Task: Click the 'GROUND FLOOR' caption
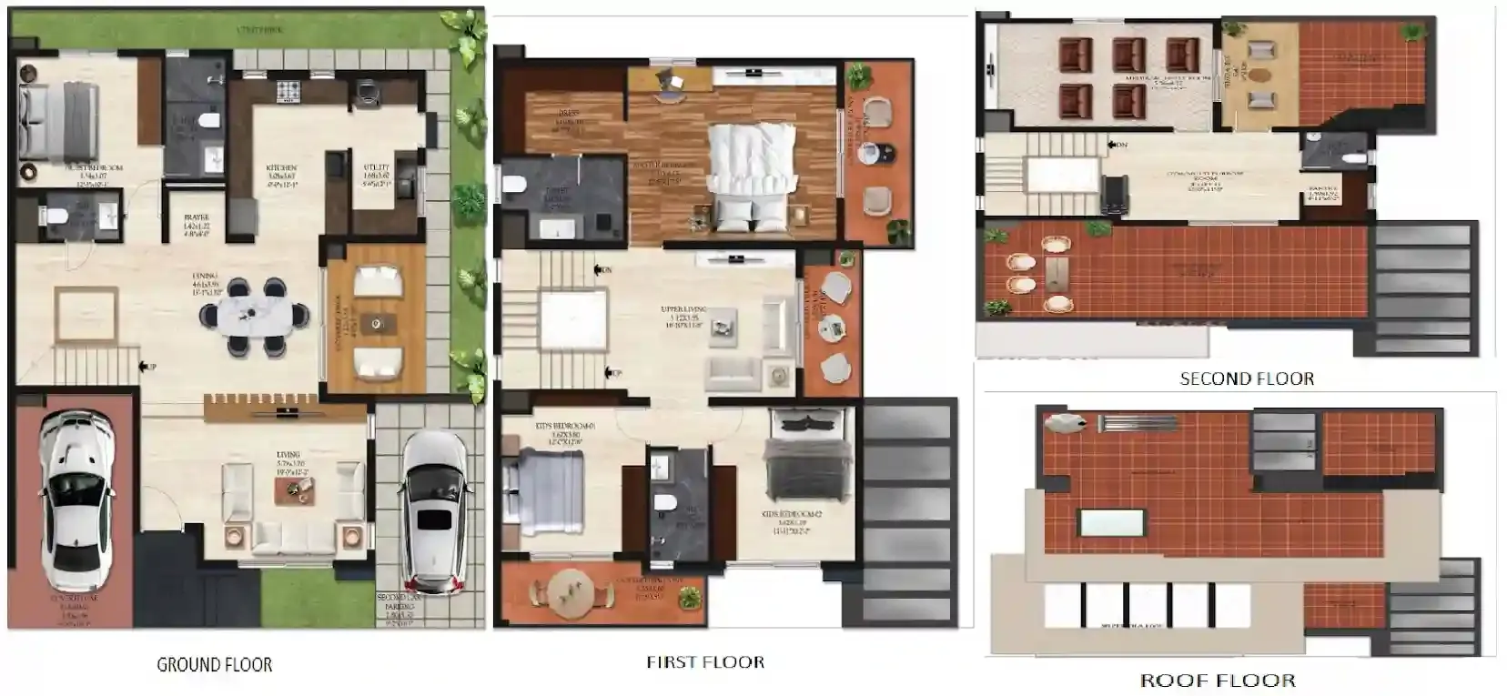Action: click(214, 665)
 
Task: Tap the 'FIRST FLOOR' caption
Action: click(705, 662)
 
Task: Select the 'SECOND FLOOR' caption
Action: click(1247, 378)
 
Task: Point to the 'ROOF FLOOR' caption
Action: click(1218, 680)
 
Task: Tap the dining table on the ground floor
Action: click(256, 315)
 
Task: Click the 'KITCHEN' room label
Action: click(281, 169)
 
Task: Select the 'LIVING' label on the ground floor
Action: click(288, 455)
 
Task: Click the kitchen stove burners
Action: click(288, 91)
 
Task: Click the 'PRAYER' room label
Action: click(197, 218)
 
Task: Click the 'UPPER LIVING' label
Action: click(683, 310)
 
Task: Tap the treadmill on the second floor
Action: click(1114, 194)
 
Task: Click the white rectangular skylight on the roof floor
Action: click(1111, 522)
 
